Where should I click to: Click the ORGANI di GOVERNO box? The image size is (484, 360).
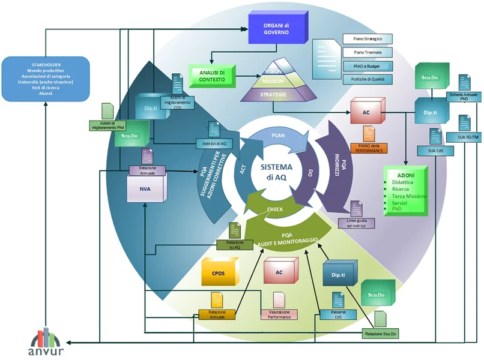(276, 28)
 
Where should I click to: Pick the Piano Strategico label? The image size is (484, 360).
(368, 39)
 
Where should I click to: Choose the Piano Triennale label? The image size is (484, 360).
(368, 52)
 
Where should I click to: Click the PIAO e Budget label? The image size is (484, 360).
(368, 65)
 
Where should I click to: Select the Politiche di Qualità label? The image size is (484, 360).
(368, 79)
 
